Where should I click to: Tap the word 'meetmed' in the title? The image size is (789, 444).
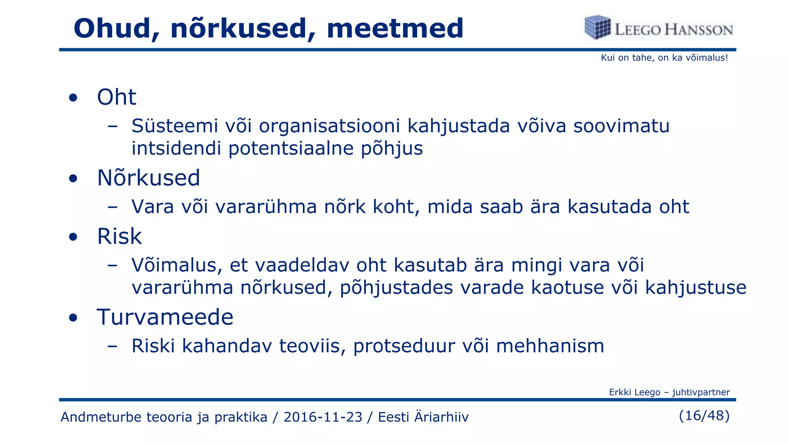tap(395, 29)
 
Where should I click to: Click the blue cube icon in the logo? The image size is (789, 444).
tap(597, 27)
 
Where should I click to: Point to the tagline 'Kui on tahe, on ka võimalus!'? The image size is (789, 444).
tap(664, 58)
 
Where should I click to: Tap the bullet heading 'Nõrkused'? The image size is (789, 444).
tap(148, 178)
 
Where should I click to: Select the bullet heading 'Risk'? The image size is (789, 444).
tap(119, 236)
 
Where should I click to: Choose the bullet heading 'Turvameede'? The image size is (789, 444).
tap(165, 317)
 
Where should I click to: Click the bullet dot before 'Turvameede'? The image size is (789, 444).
tap(73, 318)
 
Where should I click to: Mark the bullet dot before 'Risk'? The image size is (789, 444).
tap(73, 237)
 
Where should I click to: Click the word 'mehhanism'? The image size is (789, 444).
tap(550, 346)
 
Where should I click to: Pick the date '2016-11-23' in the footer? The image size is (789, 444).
tap(323, 417)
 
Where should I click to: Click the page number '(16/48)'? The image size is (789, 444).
tap(704, 415)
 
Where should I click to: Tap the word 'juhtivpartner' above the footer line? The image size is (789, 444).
tap(701, 392)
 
